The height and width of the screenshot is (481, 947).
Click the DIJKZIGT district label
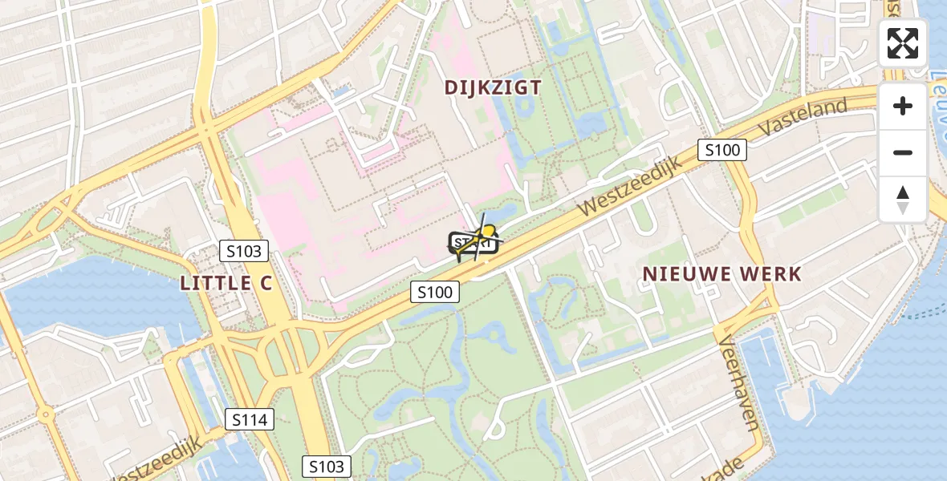pos(494,87)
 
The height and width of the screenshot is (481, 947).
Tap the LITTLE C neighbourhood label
pos(226,282)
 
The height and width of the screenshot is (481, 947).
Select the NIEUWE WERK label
pos(721,273)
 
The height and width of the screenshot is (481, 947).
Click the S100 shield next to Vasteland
pos(721,149)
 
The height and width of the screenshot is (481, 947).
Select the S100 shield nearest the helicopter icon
pos(435,293)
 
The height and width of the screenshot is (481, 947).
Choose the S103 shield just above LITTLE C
pos(244,251)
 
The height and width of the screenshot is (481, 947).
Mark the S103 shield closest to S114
pos(327,467)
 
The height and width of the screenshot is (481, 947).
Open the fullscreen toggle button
pos(903,43)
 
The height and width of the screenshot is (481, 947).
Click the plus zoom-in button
pos(903,106)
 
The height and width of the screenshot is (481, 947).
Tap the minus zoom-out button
pos(903,152)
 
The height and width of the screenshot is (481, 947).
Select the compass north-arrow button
pos(903,199)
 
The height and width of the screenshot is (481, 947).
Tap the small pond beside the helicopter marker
pos(506,212)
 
